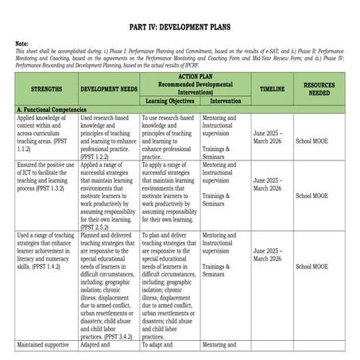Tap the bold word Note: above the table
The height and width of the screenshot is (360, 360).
pos(22,43)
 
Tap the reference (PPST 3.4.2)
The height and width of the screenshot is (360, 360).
pos(114,337)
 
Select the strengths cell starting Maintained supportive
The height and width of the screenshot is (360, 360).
pos(46,346)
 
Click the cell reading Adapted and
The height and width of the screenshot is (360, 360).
pos(100,346)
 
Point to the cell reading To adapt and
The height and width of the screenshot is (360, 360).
pos(159,346)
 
